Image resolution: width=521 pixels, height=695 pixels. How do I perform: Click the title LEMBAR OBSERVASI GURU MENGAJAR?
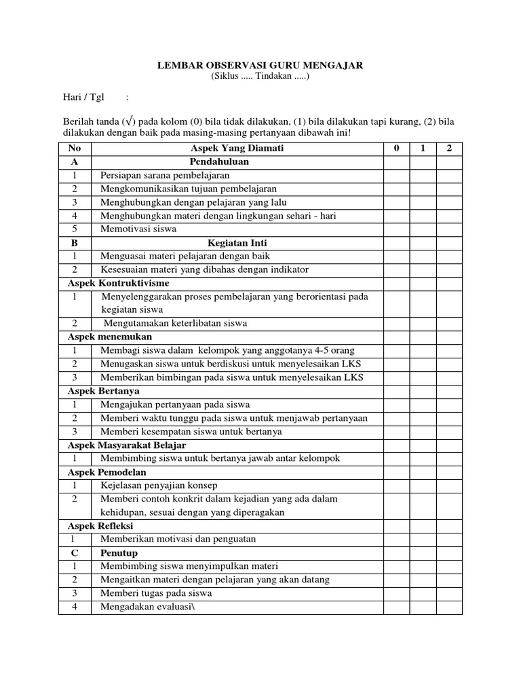pos(260,65)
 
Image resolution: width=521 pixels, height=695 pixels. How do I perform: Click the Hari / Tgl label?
pos(81,97)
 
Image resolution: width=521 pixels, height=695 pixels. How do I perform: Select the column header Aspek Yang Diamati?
pos(237,149)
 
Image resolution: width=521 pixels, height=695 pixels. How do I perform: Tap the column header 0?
pos(396,149)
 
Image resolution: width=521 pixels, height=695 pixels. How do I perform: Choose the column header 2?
pos(448,149)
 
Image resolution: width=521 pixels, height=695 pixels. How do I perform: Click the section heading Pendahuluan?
pos(219,162)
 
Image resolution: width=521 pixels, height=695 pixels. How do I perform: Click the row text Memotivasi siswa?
pos(138,229)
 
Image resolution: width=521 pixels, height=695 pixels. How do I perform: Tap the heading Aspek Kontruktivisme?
pos(119,283)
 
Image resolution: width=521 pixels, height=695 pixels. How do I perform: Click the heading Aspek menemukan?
pos(110,337)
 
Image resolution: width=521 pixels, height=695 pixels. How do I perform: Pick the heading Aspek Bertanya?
pos(105,391)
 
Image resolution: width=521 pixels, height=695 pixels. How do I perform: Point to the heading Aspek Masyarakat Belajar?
pos(127,445)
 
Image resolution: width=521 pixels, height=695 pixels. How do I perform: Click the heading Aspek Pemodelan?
pos(107,472)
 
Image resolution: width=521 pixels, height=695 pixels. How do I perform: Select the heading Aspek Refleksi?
pos(100,525)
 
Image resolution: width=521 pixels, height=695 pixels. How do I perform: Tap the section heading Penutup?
pos(119,552)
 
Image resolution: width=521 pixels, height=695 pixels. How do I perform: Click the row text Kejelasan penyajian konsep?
pos(159,485)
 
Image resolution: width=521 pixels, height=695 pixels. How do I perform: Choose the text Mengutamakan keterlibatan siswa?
pos(175,323)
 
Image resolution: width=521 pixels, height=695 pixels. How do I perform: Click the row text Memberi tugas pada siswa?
pos(156,593)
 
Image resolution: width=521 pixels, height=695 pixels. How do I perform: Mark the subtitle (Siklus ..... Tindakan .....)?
pos(260,77)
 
